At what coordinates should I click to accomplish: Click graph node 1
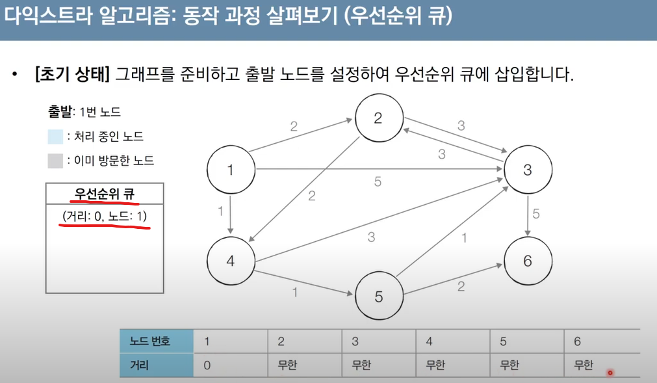click(x=231, y=170)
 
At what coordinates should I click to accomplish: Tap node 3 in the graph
click(x=527, y=170)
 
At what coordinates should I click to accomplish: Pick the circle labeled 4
click(x=231, y=261)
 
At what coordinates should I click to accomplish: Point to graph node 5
click(x=379, y=297)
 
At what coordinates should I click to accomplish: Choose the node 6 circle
click(x=527, y=261)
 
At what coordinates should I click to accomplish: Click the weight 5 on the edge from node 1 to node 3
click(x=378, y=182)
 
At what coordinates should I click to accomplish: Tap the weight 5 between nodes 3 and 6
click(x=536, y=213)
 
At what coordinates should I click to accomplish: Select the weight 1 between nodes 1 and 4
click(x=222, y=211)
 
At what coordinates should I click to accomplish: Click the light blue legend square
click(x=55, y=137)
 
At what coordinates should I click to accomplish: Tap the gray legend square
click(x=55, y=161)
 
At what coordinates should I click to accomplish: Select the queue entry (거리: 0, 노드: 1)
click(x=105, y=215)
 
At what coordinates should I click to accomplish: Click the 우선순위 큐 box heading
click(x=105, y=194)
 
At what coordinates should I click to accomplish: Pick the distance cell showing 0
click(x=207, y=365)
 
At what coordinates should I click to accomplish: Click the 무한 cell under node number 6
click(x=584, y=365)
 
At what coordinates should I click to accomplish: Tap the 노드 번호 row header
click(x=150, y=341)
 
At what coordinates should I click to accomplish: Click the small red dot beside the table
click(x=610, y=373)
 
